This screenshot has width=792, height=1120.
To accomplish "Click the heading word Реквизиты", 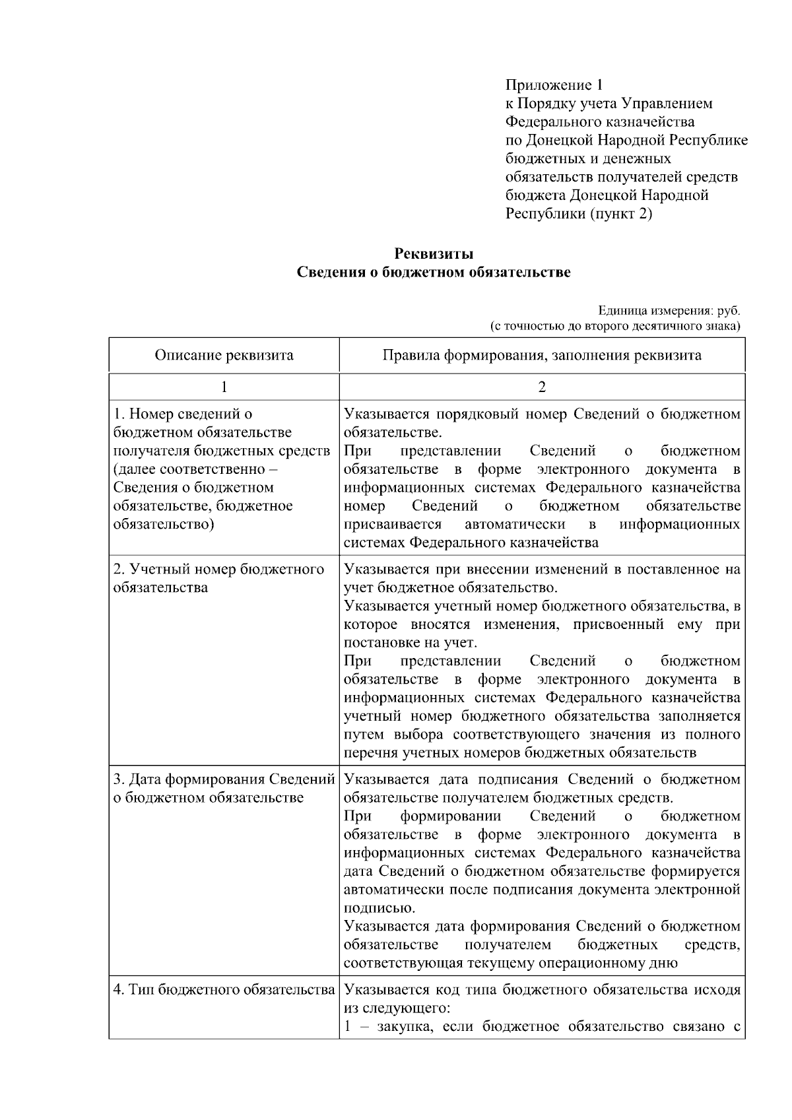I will pyautogui.click(x=434, y=253).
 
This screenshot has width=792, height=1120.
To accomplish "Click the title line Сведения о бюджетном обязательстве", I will pyautogui.click(x=434, y=272).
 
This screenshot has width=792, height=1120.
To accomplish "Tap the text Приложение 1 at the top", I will pyautogui.click(x=554, y=85).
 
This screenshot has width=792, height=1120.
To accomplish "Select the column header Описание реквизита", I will pyautogui.click(x=224, y=355).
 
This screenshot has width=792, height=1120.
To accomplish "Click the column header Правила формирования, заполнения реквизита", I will pyautogui.click(x=542, y=355).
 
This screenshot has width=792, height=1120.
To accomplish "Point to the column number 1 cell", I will pyautogui.click(x=224, y=387).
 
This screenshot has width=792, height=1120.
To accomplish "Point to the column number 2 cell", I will pyautogui.click(x=542, y=387).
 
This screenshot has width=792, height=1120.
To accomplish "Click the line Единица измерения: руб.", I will pyautogui.click(x=669, y=310).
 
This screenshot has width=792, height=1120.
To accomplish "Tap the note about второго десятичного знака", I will pyautogui.click(x=614, y=325).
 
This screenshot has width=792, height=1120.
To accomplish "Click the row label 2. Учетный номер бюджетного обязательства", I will pyautogui.click(x=218, y=578).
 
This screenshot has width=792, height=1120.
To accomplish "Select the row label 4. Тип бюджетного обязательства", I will pyautogui.click(x=224, y=990).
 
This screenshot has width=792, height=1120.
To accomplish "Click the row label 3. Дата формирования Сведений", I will pyautogui.click(x=224, y=788).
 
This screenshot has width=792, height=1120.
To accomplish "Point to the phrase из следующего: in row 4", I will pyautogui.click(x=397, y=1008).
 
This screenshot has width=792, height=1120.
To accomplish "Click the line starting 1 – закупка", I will pyautogui.click(x=541, y=1027).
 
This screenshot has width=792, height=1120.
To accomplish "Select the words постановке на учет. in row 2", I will pyautogui.click(x=411, y=643).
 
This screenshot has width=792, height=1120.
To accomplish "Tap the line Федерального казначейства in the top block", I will pyautogui.click(x=599, y=121).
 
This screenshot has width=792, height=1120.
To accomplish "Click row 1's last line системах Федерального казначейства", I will pyautogui.click(x=471, y=543).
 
